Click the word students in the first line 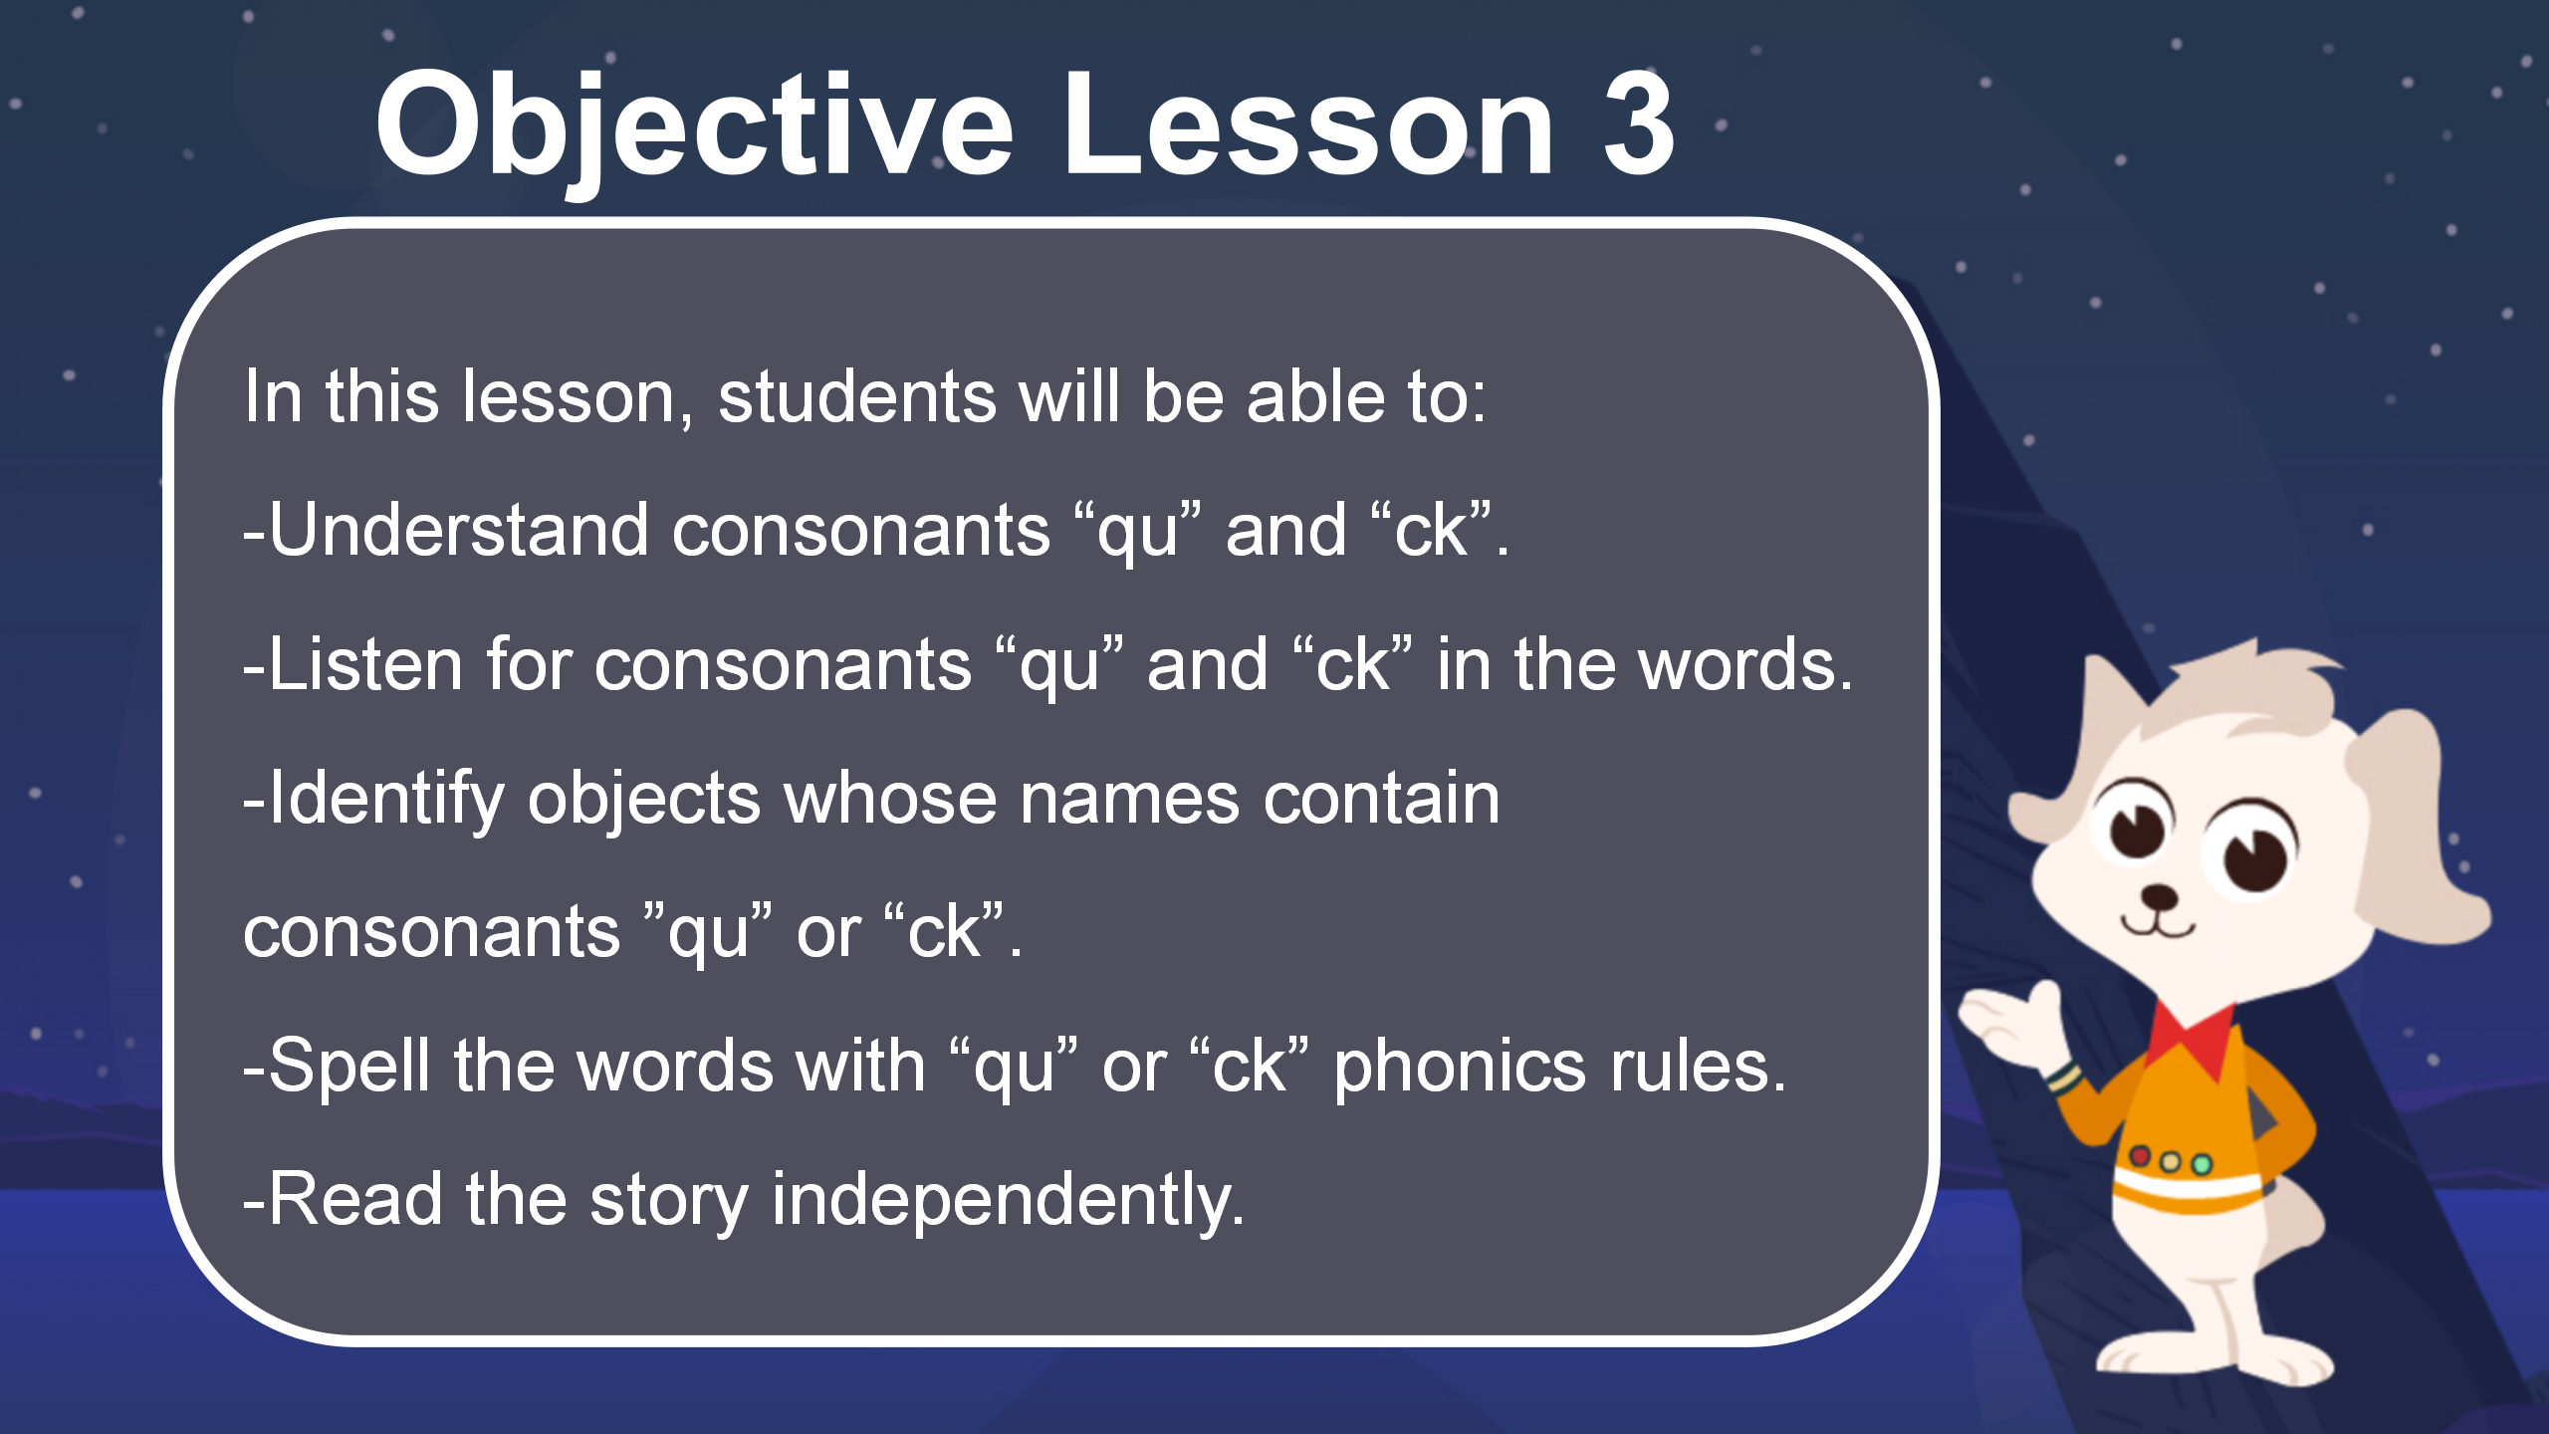point(856,396)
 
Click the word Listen point(365,664)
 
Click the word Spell point(349,1067)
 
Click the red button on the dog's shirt point(2139,1156)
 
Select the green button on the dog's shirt point(2201,1163)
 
